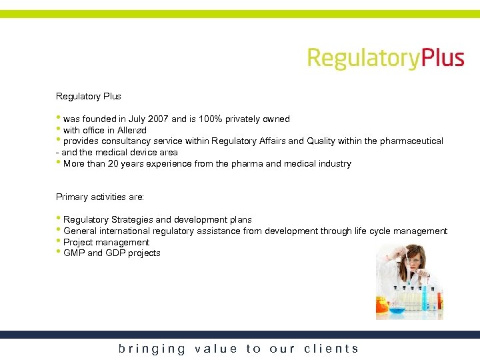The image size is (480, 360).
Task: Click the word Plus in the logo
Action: coord(442,58)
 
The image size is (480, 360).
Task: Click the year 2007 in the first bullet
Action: coord(158,119)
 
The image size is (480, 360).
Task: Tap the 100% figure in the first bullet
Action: coord(210,119)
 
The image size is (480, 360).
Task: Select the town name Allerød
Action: coord(132,131)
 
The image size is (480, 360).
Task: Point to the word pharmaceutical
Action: coord(411,141)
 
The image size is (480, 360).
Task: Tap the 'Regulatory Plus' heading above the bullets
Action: coord(88,97)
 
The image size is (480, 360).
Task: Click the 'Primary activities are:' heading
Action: coord(100,197)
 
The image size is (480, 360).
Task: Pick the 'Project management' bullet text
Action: coord(106,243)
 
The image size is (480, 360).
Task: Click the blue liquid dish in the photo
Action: coord(397,310)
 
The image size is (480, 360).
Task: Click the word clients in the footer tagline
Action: coord(331,349)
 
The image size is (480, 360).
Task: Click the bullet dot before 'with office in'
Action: coord(59,129)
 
